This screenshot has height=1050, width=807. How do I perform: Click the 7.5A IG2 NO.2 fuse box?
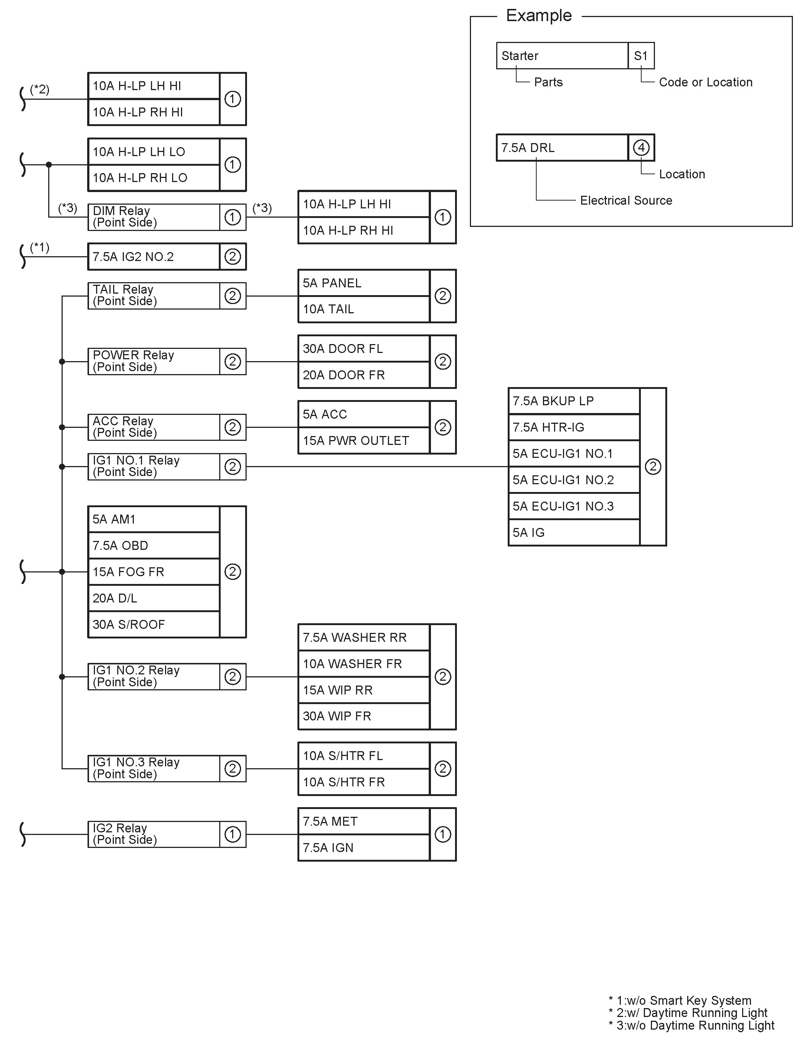point(154,257)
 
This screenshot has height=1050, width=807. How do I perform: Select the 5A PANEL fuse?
point(363,283)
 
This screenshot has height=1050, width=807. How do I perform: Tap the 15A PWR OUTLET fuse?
point(363,441)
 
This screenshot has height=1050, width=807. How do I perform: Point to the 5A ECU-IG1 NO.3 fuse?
point(574,506)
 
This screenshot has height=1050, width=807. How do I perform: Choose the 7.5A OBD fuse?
point(154,546)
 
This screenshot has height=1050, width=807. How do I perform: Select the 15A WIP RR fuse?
point(363,690)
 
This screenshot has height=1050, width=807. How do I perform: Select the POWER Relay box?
point(154,361)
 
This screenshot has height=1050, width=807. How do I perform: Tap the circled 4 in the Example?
point(641,148)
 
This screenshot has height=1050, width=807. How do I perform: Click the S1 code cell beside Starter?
point(641,56)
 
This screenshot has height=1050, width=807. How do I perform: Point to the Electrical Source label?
point(626,201)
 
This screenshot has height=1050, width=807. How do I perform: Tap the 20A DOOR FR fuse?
point(363,375)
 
